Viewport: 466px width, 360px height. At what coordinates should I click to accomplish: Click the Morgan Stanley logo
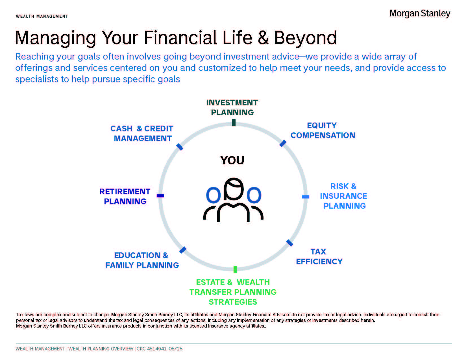pyautogui.click(x=419, y=14)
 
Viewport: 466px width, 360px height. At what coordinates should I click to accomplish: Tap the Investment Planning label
pyautogui.click(x=232, y=107)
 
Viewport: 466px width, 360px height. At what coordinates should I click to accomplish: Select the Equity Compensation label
pyautogui.click(x=323, y=130)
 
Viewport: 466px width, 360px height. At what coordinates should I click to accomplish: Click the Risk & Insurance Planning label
pyautogui.click(x=343, y=196)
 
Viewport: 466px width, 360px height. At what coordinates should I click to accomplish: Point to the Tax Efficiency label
pyautogui.click(x=319, y=257)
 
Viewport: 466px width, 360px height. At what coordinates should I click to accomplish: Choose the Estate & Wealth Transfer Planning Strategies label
pyautogui.click(x=233, y=292)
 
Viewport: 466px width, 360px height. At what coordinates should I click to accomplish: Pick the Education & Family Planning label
pyautogui.click(x=142, y=260)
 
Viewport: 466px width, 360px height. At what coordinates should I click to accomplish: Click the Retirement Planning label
pyautogui.click(x=125, y=197)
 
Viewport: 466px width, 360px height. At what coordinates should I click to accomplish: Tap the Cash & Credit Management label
pyautogui.click(x=142, y=133)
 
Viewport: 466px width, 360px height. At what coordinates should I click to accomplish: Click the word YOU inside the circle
pyautogui.click(x=232, y=160)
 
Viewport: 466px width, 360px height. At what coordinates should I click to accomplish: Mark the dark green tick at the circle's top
pyautogui.click(x=234, y=123)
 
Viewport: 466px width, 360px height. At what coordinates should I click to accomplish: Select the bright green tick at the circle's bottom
pyautogui.click(x=235, y=270)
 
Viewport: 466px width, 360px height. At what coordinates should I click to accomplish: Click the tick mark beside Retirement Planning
pyautogui.click(x=160, y=196)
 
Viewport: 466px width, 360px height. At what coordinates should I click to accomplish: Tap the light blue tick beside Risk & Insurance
pyautogui.click(x=306, y=197)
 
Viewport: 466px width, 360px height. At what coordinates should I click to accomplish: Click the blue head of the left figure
pyautogui.click(x=214, y=195)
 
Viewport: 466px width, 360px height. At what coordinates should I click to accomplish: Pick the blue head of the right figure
pyautogui.click(x=254, y=195)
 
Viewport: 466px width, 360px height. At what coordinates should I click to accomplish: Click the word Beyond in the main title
pyautogui.click(x=305, y=38)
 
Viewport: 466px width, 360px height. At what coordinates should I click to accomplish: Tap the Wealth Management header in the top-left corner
pyautogui.click(x=42, y=16)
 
